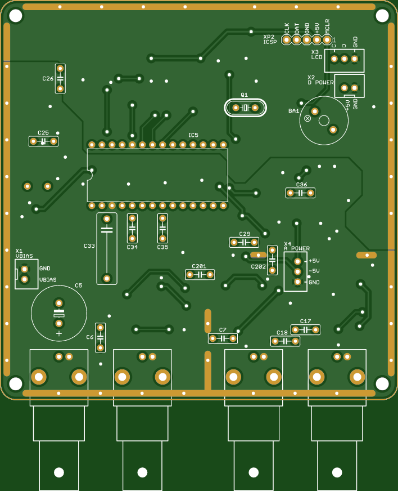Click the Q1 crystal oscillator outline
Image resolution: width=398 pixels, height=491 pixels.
[x=245, y=108]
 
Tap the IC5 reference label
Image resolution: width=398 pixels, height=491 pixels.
[x=193, y=135]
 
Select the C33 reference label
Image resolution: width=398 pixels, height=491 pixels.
[x=89, y=246]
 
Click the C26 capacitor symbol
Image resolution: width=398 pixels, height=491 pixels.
[x=60, y=78]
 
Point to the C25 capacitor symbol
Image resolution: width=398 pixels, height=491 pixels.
[x=43, y=141]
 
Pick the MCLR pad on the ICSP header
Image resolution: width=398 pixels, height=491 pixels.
[x=327, y=39]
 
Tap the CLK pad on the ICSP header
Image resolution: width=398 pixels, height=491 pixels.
[x=287, y=39]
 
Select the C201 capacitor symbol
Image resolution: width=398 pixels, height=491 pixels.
[x=200, y=275]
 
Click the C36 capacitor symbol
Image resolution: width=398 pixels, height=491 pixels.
[x=300, y=193]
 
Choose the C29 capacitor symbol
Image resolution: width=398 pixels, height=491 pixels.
[x=244, y=243]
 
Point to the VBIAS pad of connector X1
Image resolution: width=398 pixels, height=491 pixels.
[x=25, y=279]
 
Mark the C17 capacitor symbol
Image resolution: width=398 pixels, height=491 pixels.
[x=305, y=329]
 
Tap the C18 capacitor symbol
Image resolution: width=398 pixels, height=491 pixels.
[x=285, y=341]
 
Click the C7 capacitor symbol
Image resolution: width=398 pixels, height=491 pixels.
[x=223, y=338]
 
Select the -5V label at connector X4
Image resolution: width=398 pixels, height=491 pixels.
[x=314, y=271]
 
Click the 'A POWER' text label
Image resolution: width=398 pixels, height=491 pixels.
[x=297, y=248]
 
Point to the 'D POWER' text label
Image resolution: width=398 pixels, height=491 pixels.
[x=320, y=82]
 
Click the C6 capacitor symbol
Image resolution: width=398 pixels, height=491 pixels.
[x=100, y=338]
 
